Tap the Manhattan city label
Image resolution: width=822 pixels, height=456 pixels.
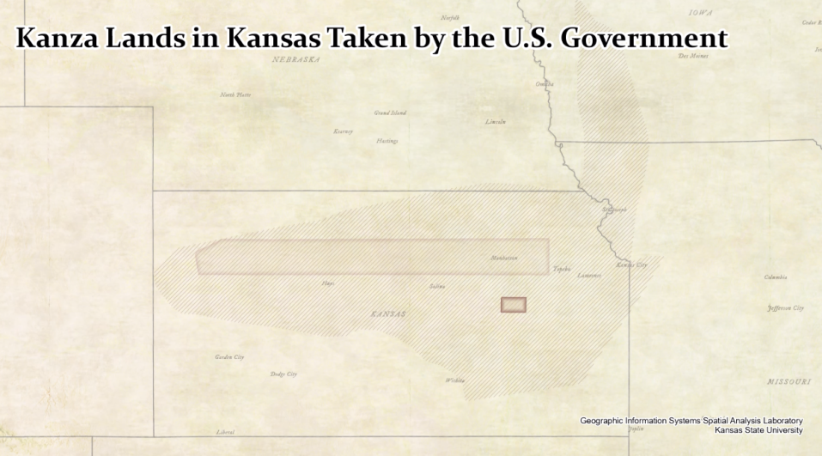pyautogui.click(x=504, y=258)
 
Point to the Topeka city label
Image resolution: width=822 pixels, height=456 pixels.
pyautogui.click(x=562, y=268)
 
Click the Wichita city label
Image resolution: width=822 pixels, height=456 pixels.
pyautogui.click(x=454, y=380)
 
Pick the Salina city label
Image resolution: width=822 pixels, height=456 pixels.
pyautogui.click(x=437, y=286)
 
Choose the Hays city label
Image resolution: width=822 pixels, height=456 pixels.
pyautogui.click(x=328, y=283)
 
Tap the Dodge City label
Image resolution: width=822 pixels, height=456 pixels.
pyautogui.click(x=283, y=374)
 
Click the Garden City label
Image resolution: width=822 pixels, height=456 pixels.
pyautogui.click(x=229, y=356)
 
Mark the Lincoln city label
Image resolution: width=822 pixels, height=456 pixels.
pyautogui.click(x=496, y=122)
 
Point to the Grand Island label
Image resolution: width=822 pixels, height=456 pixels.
pyautogui.click(x=390, y=112)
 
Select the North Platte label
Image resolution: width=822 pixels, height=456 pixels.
pyautogui.click(x=235, y=94)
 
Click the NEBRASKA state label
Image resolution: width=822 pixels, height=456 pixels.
pyautogui.click(x=296, y=60)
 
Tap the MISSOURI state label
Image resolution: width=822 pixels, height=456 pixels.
pyautogui.click(x=788, y=380)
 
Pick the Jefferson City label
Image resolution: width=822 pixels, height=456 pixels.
pyautogui.click(x=785, y=307)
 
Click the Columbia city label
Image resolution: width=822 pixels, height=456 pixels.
pyautogui.click(x=776, y=277)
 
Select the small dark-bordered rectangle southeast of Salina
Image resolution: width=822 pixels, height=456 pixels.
pyautogui.click(x=514, y=305)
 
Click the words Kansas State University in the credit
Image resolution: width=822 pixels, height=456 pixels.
pyautogui.click(x=758, y=429)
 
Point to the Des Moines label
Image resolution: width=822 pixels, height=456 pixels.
pyautogui.click(x=693, y=56)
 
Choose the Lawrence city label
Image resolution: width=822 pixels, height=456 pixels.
pyautogui.click(x=589, y=276)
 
